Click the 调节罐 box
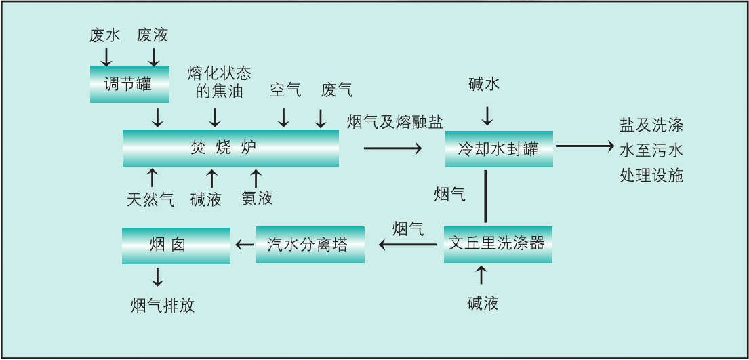point(129,84)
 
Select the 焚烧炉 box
point(230,148)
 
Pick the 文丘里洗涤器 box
point(498,244)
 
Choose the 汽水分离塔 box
point(310,245)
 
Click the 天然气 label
point(150,199)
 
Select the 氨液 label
point(257,198)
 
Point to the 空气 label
point(285,89)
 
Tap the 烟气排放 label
point(163,306)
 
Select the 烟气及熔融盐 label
point(395,122)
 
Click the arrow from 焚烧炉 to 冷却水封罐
point(392,148)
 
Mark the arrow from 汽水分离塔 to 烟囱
point(242,245)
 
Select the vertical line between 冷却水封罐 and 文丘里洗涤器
point(486,197)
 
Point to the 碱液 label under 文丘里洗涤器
point(483,303)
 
